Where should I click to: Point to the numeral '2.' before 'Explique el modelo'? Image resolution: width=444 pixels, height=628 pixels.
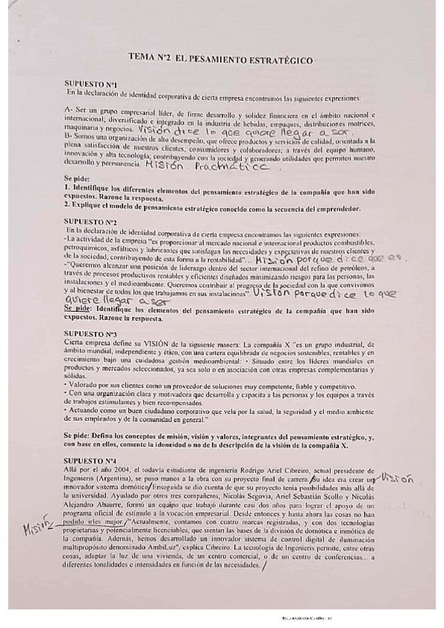coord(67,207)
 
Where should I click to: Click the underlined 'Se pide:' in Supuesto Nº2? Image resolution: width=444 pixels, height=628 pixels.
coord(77,307)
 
